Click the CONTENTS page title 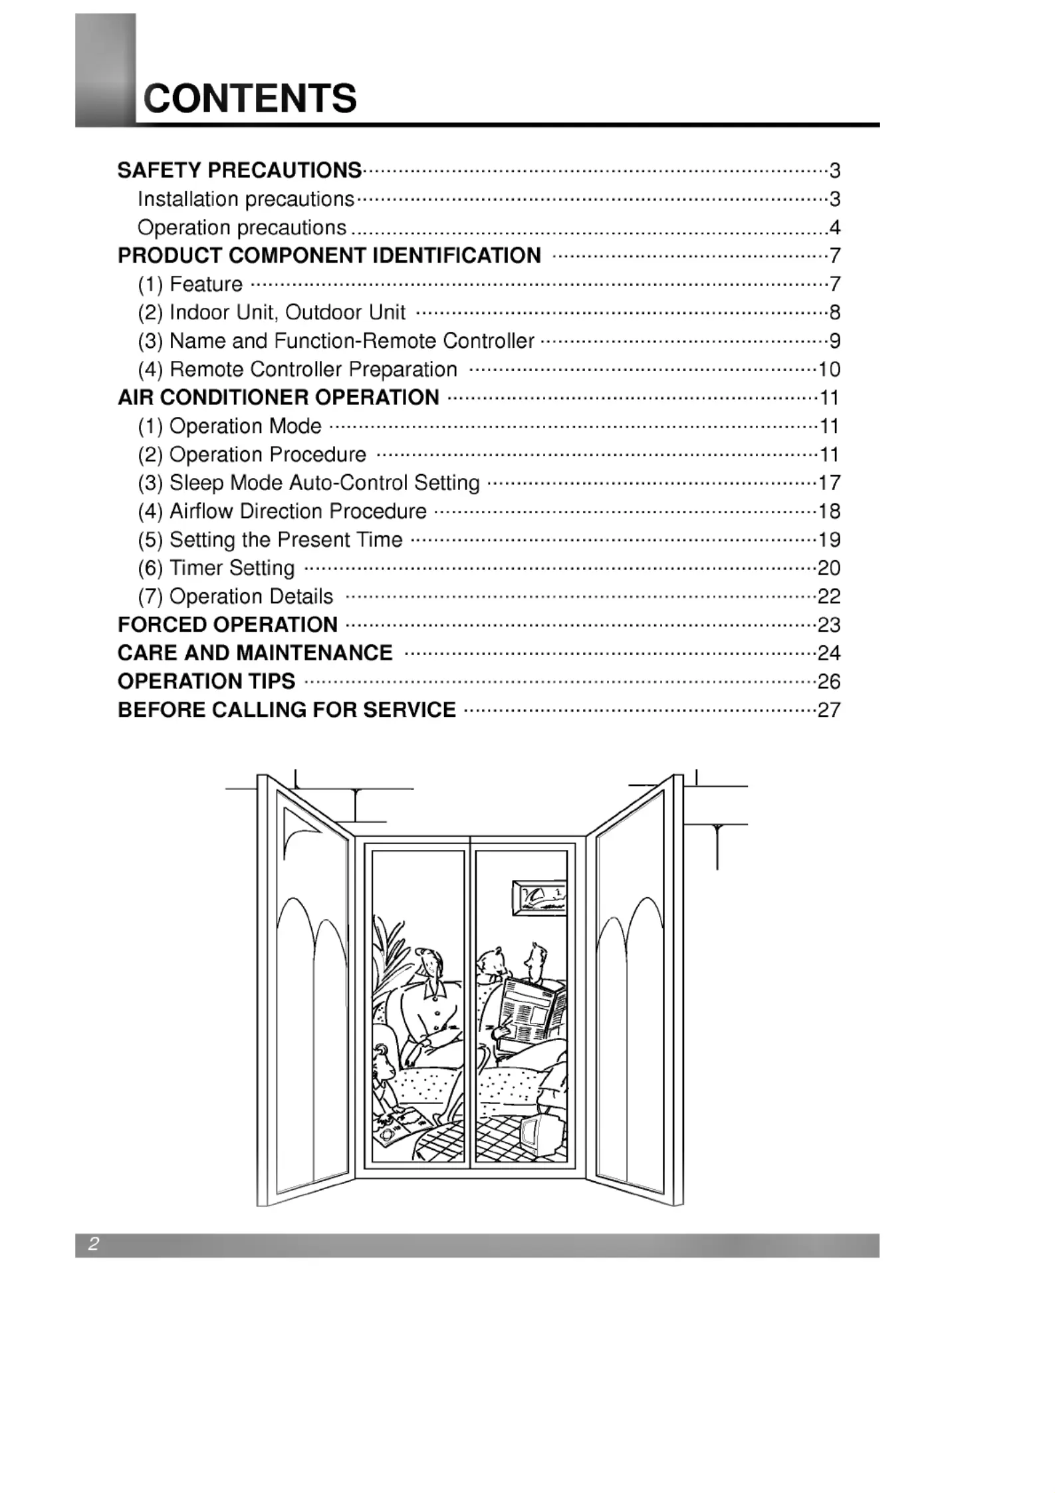point(251,98)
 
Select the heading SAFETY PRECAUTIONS point(239,170)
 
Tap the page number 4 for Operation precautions point(835,227)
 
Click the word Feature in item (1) point(206,284)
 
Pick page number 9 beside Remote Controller point(835,341)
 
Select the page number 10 point(829,369)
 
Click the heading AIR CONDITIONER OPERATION point(279,398)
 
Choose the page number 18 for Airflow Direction point(829,511)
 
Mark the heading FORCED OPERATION point(227,625)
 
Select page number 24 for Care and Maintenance point(829,653)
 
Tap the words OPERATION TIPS point(206,682)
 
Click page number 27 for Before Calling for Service point(829,710)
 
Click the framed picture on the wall point(539,898)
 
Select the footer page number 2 point(94,1244)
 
